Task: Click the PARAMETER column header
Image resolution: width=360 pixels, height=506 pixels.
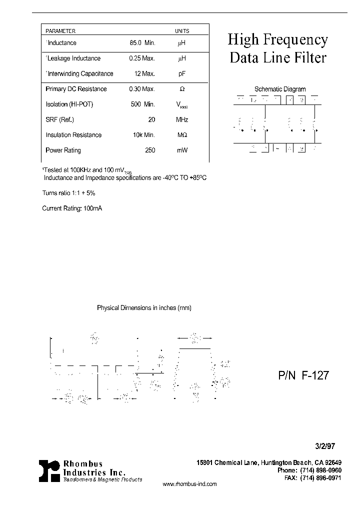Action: tap(60, 31)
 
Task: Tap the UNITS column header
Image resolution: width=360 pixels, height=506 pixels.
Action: tap(181, 31)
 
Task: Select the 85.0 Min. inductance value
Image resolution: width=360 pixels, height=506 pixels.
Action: tap(142, 43)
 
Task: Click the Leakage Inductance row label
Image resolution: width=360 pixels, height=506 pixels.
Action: tap(73, 58)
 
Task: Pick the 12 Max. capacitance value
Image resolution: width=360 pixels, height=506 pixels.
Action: tap(145, 73)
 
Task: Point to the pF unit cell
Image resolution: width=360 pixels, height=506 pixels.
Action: tap(181, 73)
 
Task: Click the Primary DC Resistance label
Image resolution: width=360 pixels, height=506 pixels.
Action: tap(76, 89)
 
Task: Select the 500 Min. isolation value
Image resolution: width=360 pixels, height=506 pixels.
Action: tap(143, 104)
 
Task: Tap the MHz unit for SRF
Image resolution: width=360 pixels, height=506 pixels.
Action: tap(181, 119)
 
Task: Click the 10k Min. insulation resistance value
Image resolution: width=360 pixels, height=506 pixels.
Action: tap(143, 135)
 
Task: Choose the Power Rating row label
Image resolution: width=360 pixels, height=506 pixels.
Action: tap(63, 150)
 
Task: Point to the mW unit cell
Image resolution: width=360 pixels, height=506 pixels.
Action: tap(181, 150)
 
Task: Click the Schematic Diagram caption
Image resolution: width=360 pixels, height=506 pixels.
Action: tap(280, 89)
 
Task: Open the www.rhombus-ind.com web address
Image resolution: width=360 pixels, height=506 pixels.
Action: tap(190, 484)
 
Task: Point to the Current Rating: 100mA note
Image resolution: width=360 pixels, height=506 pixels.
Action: tap(72, 208)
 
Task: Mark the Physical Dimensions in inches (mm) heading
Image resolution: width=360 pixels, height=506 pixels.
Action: tap(144, 308)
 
